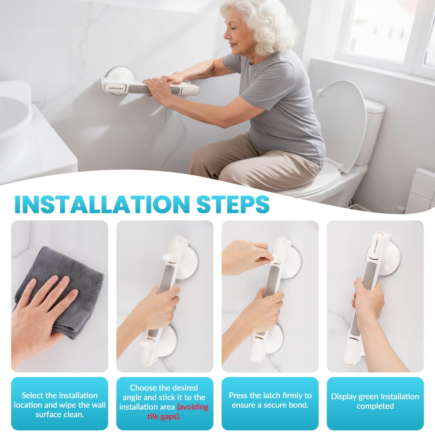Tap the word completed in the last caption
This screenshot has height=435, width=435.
(375, 406)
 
